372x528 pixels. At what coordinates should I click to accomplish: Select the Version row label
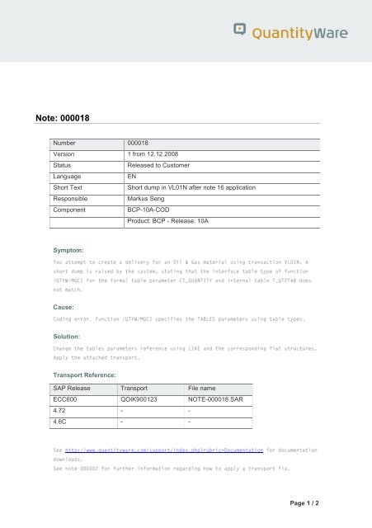pyautogui.click(x=64, y=154)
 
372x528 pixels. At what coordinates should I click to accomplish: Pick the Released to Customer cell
pyautogui.click(x=162, y=166)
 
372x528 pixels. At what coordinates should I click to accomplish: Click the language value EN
pyautogui.click(x=132, y=177)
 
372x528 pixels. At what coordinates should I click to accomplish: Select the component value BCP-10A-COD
pyautogui.click(x=154, y=210)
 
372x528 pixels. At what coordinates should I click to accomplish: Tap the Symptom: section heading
pyautogui.click(x=70, y=248)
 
